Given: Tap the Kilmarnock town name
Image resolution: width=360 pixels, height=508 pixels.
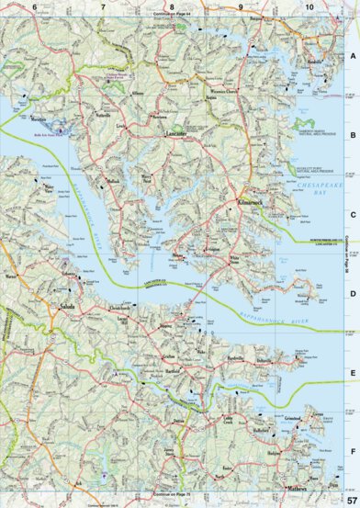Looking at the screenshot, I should click(248, 198).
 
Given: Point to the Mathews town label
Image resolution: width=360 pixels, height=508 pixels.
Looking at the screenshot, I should click(297, 488).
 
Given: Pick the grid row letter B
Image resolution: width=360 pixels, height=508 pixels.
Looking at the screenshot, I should click(352, 133).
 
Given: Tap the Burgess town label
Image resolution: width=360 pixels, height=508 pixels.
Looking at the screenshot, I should click(243, 18).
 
